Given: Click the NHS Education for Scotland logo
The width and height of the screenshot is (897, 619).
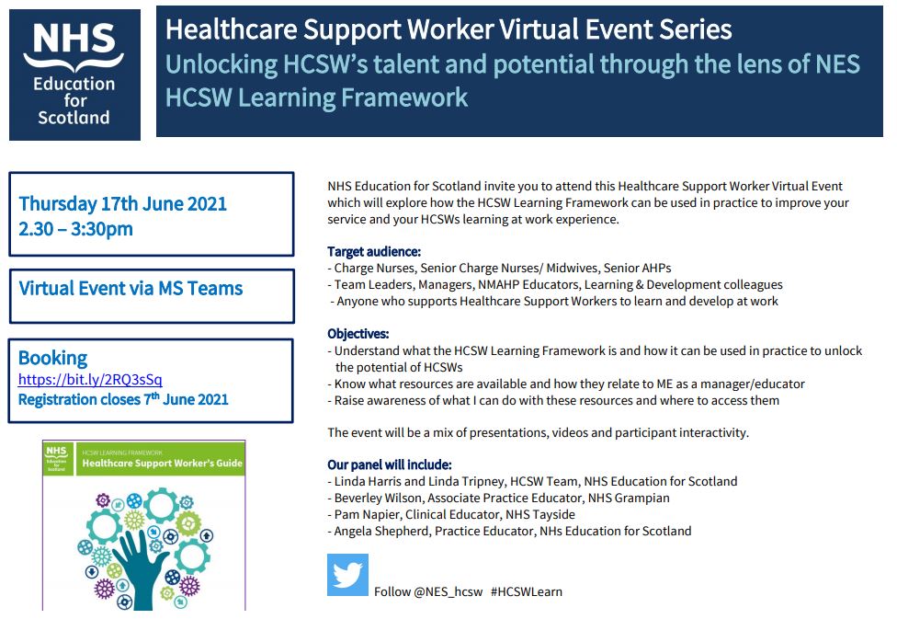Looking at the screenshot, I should click(x=74, y=75).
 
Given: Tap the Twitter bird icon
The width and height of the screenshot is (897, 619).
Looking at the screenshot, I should click(x=347, y=575).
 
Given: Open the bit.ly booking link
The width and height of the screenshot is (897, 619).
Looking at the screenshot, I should click(x=90, y=379).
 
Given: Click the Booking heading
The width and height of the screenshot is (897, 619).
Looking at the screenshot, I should click(x=52, y=358).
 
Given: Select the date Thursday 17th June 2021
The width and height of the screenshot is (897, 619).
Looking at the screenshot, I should click(x=122, y=203).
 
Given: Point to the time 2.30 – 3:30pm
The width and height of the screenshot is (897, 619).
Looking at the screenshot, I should click(x=75, y=229).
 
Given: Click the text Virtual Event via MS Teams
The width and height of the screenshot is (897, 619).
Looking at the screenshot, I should click(x=131, y=288).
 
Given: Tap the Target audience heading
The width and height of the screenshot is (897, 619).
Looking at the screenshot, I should click(x=374, y=251).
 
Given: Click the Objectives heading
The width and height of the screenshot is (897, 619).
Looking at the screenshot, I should click(x=358, y=334).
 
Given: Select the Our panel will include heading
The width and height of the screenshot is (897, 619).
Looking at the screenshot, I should click(x=390, y=464).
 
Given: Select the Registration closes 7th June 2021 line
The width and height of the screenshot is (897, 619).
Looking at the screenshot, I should click(x=123, y=399).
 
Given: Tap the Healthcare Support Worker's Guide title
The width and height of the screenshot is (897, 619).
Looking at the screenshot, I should click(x=162, y=464).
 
